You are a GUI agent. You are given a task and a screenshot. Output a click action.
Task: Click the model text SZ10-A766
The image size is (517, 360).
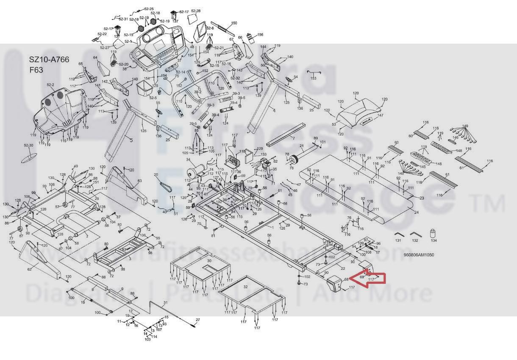click(x=49, y=60)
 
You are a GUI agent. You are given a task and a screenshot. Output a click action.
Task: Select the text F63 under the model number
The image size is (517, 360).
click(x=36, y=70)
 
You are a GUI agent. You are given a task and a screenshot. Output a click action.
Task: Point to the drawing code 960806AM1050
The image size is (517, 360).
click(x=419, y=255)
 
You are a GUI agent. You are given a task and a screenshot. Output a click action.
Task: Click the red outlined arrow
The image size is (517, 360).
click(x=372, y=278)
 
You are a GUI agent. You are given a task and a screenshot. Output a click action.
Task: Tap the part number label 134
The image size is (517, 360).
click(x=434, y=240)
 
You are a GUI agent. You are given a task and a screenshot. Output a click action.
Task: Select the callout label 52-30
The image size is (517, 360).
click(x=28, y=145)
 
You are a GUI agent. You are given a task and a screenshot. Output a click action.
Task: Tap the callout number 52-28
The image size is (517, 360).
click(x=196, y=11)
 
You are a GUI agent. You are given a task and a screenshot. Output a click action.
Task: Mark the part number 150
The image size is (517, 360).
click(x=234, y=23)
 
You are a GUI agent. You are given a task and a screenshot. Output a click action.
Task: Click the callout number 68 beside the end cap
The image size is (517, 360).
click(x=346, y=279)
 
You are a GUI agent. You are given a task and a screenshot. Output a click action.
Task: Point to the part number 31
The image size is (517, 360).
click(x=166, y=302)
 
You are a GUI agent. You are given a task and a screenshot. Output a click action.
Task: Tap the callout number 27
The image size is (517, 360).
click(x=197, y=319)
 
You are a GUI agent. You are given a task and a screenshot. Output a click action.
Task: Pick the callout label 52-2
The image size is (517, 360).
click(x=50, y=85)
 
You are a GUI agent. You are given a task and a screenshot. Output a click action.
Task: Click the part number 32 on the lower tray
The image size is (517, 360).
click(x=245, y=287)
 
